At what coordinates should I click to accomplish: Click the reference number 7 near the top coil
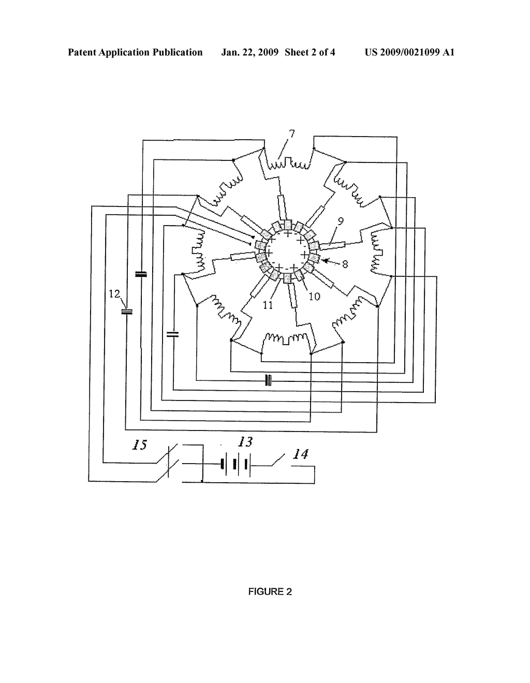pos(292,134)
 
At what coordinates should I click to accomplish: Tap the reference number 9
pos(340,221)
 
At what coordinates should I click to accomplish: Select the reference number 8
pos(345,264)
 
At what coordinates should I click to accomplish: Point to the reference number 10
pos(314,296)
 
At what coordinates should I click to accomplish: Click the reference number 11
pos(268,305)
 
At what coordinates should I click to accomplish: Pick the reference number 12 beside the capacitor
pos(114,294)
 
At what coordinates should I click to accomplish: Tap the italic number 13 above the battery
pos(245,442)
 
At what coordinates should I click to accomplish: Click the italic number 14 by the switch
pos(301,454)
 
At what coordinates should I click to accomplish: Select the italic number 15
pos(140,445)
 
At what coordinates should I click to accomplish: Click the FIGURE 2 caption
pos(270,592)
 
